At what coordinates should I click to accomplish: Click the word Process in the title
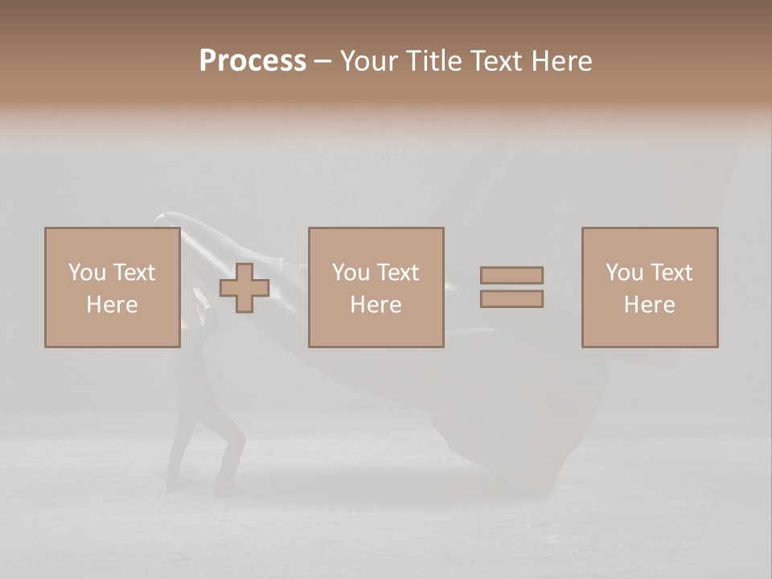pyautogui.click(x=253, y=61)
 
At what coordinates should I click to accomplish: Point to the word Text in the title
pyautogui.click(x=498, y=61)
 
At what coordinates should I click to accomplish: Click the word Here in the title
pyautogui.click(x=562, y=61)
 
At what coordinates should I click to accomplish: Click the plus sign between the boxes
pyautogui.click(x=244, y=288)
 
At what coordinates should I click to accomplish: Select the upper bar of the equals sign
pyautogui.click(x=511, y=275)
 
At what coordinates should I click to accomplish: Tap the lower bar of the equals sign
pyautogui.click(x=511, y=299)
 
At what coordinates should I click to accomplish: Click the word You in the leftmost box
pyautogui.click(x=87, y=273)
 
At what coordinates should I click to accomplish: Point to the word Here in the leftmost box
pyautogui.click(x=112, y=305)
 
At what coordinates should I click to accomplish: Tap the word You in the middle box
pyautogui.click(x=351, y=273)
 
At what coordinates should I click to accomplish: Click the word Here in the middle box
pyautogui.click(x=376, y=305)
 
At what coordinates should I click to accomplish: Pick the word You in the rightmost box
pyautogui.click(x=624, y=273)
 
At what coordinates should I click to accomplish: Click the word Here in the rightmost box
pyautogui.click(x=649, y=305)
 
